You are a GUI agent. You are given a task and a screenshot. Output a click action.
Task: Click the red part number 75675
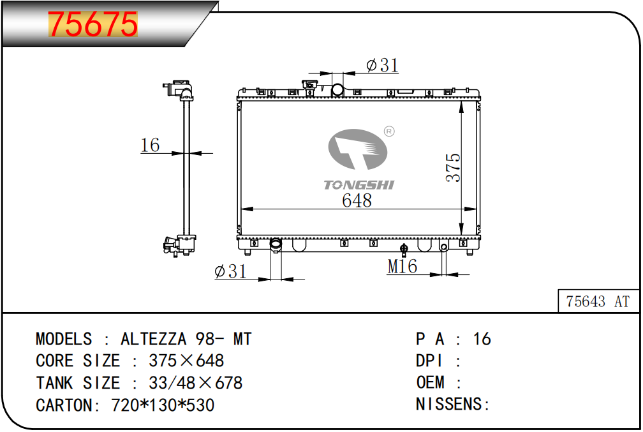(93, 24)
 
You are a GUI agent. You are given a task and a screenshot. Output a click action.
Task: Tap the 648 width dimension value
(357, 200)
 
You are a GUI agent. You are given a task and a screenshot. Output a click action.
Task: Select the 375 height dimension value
(453, 167)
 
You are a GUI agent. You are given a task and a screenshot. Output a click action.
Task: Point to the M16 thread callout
(402, 266)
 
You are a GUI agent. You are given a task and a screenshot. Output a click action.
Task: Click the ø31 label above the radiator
(382, 65)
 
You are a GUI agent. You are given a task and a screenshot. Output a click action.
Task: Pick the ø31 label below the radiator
(230, 271)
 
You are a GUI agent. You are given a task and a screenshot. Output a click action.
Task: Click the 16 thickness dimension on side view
(150, 145)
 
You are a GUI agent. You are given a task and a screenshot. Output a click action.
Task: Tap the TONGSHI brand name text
(358, 185)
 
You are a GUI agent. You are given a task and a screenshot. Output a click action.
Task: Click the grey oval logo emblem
(358, 149)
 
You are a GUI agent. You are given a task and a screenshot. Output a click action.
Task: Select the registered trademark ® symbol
(388, 131)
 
